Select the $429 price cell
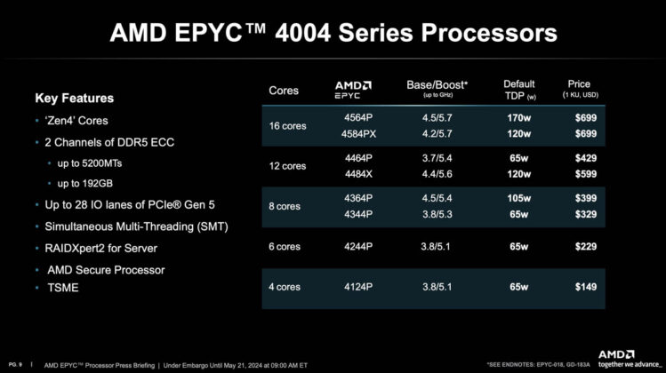[584, 157]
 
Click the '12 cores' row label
[288, 166]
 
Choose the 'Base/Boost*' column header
[436, 85]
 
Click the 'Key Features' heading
[74, 98]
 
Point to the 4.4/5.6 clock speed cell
[436, 173]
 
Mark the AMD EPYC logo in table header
[353, 89]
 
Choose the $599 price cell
[584, 173]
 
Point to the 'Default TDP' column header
[519, 89]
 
